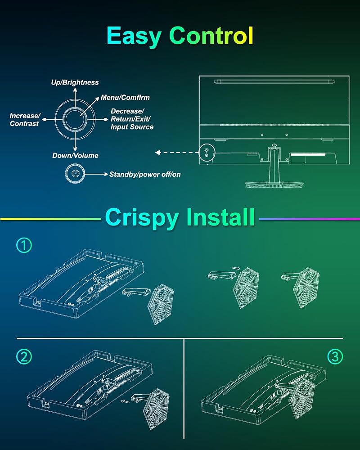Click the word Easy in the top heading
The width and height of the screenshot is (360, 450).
134,36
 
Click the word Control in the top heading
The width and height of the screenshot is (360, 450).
211,36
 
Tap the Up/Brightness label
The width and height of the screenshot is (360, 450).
75,82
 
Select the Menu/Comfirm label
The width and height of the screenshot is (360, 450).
125,98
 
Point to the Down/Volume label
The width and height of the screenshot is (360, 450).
75,156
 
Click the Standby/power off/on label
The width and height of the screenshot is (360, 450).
145,174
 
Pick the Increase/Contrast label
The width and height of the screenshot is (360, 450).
25,120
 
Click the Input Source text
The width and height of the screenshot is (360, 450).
132,127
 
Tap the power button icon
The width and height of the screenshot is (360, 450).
75,173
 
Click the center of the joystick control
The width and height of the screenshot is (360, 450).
75,119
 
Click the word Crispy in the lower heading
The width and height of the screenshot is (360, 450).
142,217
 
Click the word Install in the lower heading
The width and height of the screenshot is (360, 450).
220,217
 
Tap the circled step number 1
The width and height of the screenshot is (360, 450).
24,245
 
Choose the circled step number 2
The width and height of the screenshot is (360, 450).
24,357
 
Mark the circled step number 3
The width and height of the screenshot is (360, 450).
335,357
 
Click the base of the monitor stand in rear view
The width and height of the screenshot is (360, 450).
274,184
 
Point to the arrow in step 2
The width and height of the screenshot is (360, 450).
125,401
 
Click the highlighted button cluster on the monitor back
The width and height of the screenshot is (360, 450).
207,153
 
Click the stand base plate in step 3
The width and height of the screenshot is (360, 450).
301,398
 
